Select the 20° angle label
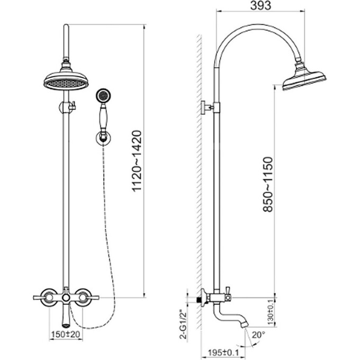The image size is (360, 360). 259,335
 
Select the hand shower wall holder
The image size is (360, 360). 102,138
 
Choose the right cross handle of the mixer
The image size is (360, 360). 85,298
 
